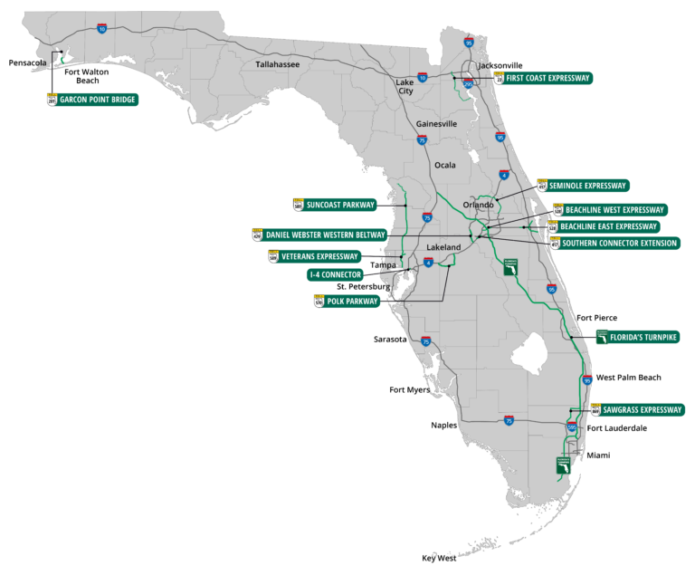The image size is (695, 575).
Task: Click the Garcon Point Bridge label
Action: (x=99, y=99)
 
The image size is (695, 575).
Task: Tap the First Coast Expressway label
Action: (x=548, y=79)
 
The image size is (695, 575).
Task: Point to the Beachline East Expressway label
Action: (x=608, y=226)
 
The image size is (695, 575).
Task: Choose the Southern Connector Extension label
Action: (x=619, y=243)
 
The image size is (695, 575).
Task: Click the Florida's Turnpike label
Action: (x=643, y=337)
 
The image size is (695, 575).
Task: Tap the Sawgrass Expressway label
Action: (x=643, y=409)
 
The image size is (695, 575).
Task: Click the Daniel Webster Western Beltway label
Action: (x=325, y=235)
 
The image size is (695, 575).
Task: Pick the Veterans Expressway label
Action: (x=319, y=256)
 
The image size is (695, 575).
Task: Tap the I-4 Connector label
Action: (x=335, y=274)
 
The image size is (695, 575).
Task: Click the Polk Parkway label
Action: (x=352, y=302)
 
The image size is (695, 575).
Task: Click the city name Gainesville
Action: (x=437, y=123)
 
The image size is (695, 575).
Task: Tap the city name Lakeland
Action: (x=443, y=247)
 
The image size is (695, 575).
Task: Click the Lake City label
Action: (x=405, y=86)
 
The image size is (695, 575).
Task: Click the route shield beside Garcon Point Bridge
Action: (x=52, y=99)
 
